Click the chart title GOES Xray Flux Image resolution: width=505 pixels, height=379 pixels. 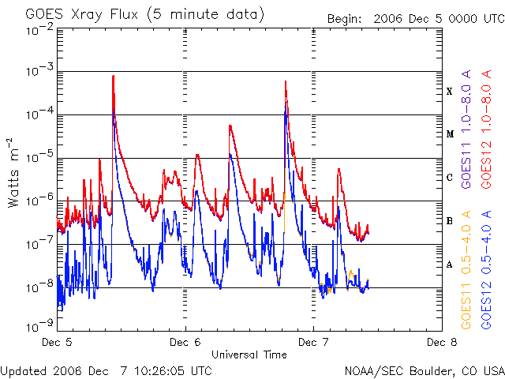tap(144, 15)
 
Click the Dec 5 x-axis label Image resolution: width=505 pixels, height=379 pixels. tap(58, 343)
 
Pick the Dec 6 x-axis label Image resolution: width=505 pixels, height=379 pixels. tap(185, 343)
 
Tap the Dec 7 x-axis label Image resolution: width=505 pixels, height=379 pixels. tap(313, 343)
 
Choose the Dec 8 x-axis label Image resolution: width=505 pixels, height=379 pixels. tap(441, 343)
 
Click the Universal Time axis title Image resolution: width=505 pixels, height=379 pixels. tap(249, 355)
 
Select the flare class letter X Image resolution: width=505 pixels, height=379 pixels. tap(450, 92)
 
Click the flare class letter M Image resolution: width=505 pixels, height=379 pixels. tap(450, 134)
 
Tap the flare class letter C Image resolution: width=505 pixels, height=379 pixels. tap(450, 178)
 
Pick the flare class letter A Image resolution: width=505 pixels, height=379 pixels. tap(450, 265)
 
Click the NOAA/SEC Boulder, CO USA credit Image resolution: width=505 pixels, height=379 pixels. tap(424, 370)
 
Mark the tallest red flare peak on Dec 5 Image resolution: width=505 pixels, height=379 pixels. tap(114, 77)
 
